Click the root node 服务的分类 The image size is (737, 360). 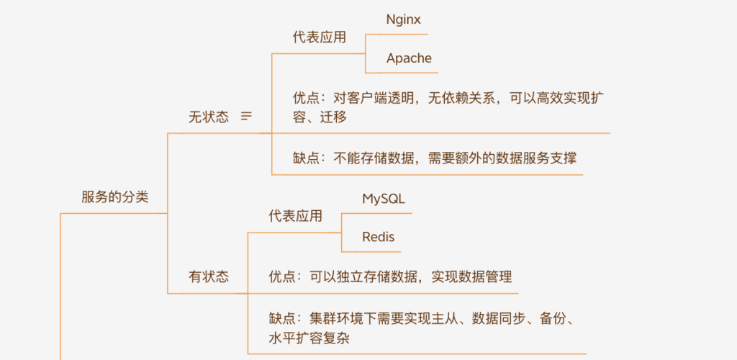click(x=115, y=197)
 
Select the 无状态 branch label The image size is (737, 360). click(x=209, y=117)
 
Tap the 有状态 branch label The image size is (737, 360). click(x=209, y=276)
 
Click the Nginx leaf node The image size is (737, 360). click(x=403, y=19)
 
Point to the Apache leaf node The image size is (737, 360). click(x=409, y=58)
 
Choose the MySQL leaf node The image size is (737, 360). click(x=384, y=199)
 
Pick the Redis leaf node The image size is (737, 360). click(x=379, y=237)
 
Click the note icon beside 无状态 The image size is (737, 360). click(x=246, y=116)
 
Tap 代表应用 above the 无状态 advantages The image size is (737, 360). click(x=320, y=37)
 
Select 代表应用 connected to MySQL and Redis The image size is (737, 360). click(x=296, y=216)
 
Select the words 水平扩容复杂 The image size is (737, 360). click(x=309, y=338)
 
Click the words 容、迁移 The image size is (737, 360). click(x=320, y=117)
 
